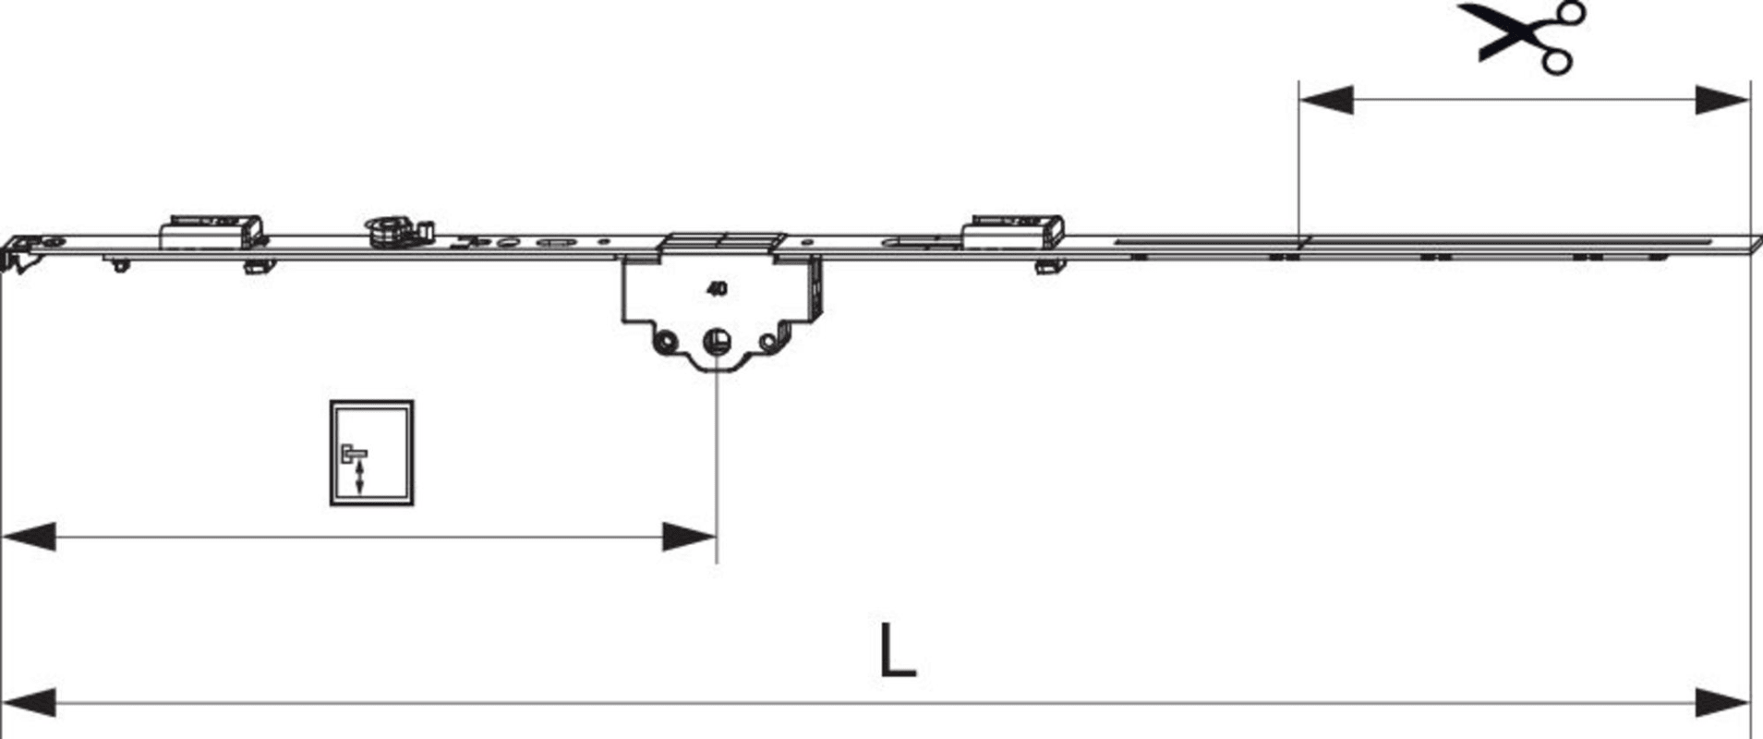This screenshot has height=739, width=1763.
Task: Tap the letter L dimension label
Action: (897, 651)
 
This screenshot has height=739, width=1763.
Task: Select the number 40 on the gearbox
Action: (717, 289)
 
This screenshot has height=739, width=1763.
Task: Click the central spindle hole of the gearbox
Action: (716, 343)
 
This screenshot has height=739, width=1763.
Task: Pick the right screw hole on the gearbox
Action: (768, 343)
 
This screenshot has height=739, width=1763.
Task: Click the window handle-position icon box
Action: (372, 453)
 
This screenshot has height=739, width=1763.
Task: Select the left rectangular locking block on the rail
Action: (211, 232)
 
